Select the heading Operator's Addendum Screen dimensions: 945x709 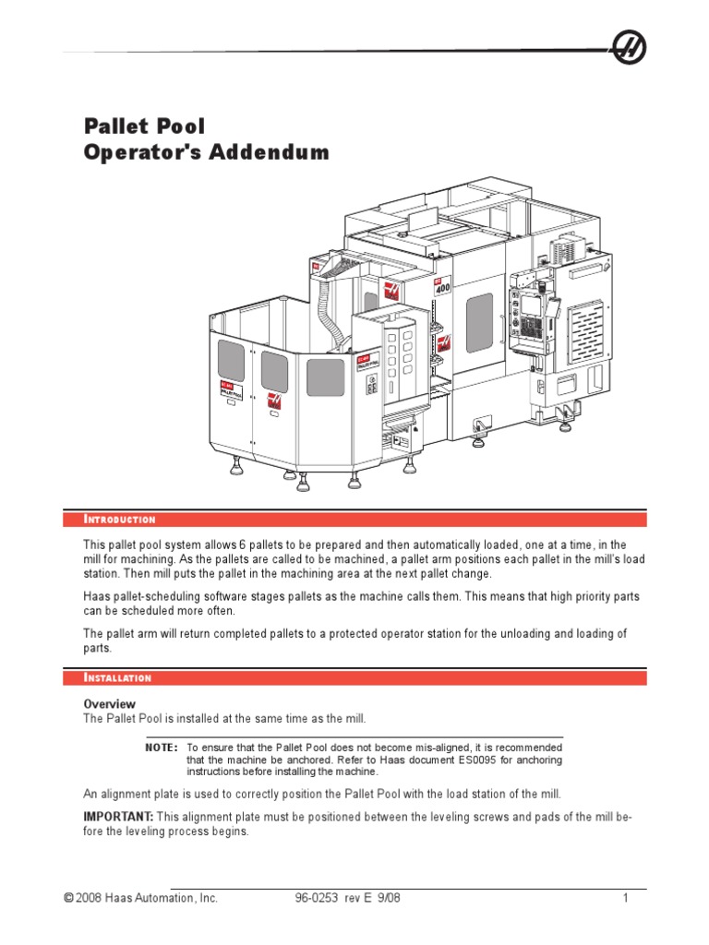click(x=206, y=152)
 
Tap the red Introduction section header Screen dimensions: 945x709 click(x=120, y=520)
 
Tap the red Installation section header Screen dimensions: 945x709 click(x=117, y=678)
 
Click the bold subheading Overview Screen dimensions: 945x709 click(x=110, y=703)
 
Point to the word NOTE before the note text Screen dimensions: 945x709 click(x=161, y=747)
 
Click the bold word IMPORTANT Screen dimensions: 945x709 click(x=118, y=817)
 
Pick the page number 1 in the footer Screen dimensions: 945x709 click(x=625, y=898)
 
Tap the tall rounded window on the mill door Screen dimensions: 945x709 click(x=479, y=323)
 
